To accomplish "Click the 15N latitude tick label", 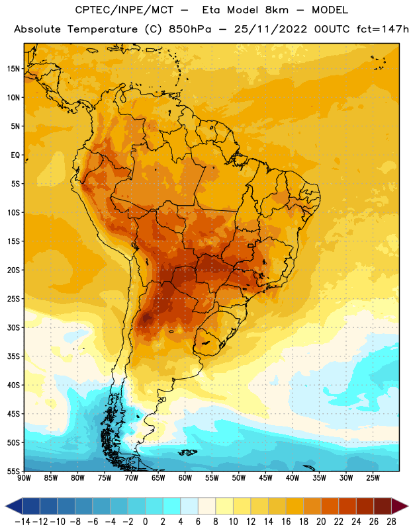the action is click(13, 69).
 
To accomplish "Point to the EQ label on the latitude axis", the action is click(15, 155).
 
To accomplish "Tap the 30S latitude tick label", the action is click(13, 327).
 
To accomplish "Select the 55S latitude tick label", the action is click(13, 471).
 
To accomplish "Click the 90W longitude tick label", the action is click(24, 477).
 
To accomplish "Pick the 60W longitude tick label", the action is click(185, 477).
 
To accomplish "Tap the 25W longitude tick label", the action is click(373, 477).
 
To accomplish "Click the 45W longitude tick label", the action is click(265, 477).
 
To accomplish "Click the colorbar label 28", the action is click(391, 522).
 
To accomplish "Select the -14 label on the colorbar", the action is click(23, 522).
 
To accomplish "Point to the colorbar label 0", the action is click(145, 522).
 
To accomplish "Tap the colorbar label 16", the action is click(286, 522).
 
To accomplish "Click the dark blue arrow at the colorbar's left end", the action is click(14, 507).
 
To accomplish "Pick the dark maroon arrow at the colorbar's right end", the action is click(400, 507).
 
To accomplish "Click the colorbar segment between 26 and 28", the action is click(383, 507).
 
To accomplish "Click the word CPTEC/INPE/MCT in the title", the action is click(124, 10).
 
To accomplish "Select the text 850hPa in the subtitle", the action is click(190, 29).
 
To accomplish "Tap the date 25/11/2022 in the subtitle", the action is click(271, 29).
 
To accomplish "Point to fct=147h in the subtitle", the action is click(383, 29).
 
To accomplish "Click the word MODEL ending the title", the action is click(330, 10).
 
